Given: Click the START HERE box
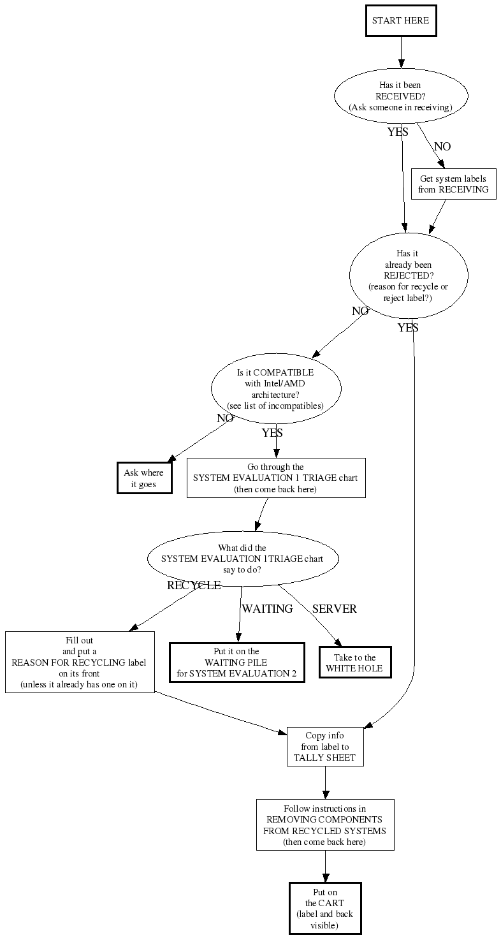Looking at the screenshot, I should [x=401, y=21].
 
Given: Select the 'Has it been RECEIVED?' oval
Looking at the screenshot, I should [x=401, y=96].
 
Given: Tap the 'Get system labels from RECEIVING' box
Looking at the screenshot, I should [x=453, y=184].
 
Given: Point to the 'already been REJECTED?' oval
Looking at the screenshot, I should [x=409, y=275].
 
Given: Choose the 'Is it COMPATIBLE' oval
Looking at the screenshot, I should [x=276, y=388].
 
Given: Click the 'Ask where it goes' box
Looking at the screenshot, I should [x=143, y=478].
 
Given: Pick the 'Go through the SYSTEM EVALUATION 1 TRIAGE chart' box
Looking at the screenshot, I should [x=276, y=478].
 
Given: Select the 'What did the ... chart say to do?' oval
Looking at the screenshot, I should [x=242, y=559].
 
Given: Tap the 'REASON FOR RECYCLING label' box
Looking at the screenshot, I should [x=80, y=662].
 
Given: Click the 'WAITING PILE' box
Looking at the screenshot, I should [x=236, y=663].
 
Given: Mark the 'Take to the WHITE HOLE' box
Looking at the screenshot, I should [x=355, y=663].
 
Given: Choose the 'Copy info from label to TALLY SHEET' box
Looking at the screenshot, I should [x=325, y=746].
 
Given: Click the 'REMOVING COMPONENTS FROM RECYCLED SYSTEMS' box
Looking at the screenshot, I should [x=325, y=824].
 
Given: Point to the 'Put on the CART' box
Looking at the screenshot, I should [x=325, y=908].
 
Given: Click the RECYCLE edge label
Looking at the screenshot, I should [x=194, y=585].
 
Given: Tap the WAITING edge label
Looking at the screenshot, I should [x=267, y=609].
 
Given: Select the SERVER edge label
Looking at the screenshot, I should [x=334, y=609].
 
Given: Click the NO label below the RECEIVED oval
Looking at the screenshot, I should [x=442, y=147].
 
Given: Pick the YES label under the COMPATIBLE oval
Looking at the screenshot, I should [x=272, y=433].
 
